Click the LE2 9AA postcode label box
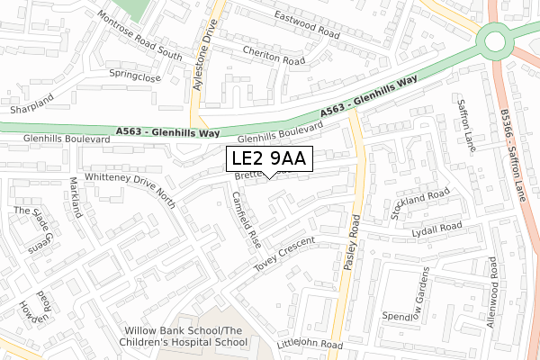pyautogui.click(x=269, y=158)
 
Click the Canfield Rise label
pyautogui.click(x=246, y=220)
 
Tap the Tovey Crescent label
pyautogui.click(x=285, y=254)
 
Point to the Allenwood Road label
pyautogui.click(x=493, y=292)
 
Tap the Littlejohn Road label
pyautogui.click(x=310, y=344)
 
